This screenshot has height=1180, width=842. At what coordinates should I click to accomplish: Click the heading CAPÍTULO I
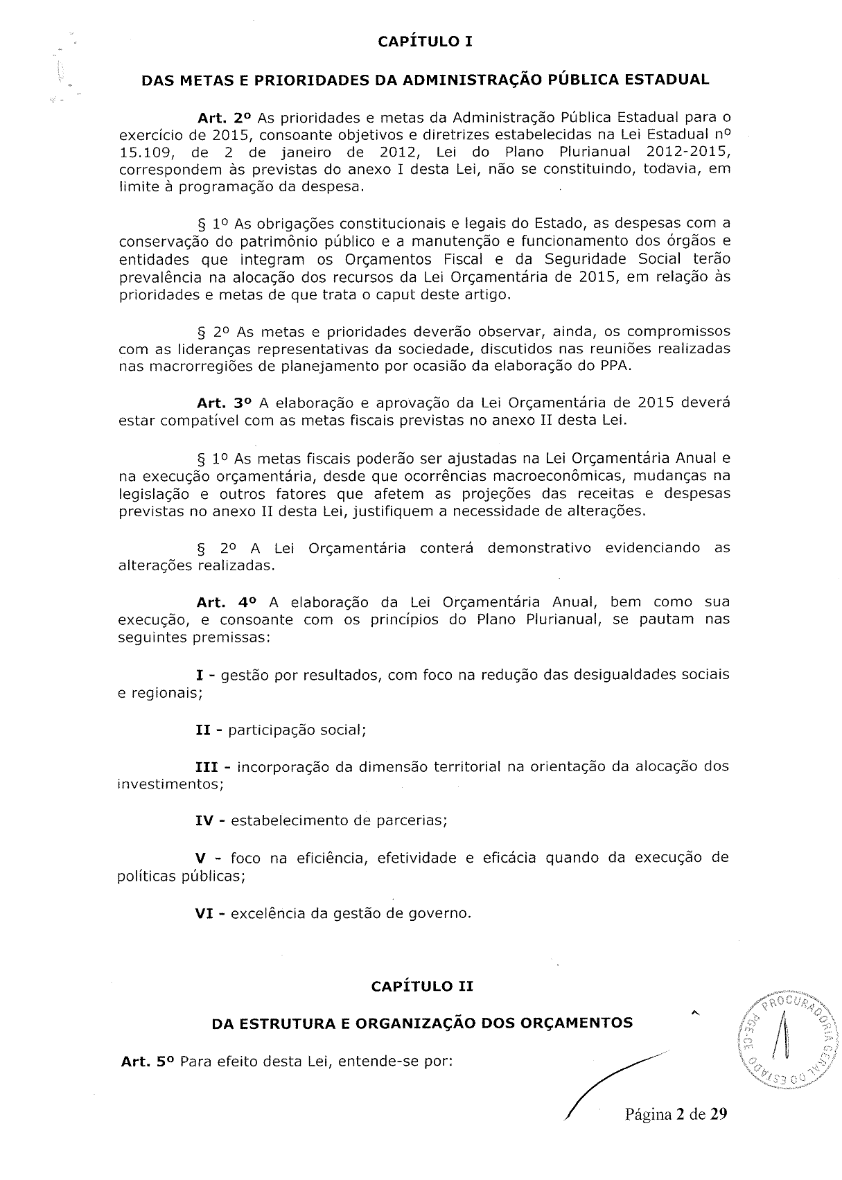point(425,42)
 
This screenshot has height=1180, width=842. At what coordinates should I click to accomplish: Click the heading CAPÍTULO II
point(422,986)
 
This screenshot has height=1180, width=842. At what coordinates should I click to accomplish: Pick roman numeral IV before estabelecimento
point(204,821)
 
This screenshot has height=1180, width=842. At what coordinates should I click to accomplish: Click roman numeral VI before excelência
point(204,913)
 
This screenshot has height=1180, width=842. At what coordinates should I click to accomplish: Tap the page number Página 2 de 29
point(676,1114)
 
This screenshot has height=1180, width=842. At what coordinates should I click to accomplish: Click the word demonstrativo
point(539,548)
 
